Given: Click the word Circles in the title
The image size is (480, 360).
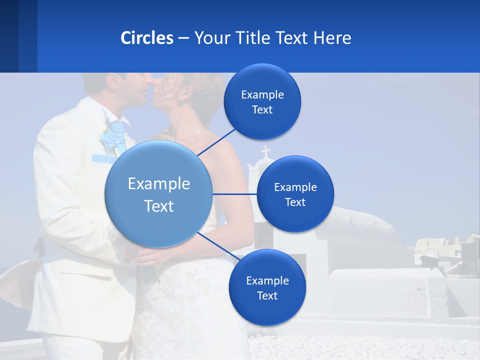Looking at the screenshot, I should [x=147, y=38].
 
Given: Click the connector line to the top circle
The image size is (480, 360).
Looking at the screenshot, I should [x=217, y=142].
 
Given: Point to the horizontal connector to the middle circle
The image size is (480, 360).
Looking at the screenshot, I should [x=234, y=194].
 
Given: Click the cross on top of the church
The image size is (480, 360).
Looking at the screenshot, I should [x=265, y=151].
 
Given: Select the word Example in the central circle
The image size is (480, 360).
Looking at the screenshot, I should [x=158, y=184].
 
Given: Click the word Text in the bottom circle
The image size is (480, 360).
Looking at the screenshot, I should [x=267, y=295].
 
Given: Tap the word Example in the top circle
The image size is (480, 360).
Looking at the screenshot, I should [x=262, y=95].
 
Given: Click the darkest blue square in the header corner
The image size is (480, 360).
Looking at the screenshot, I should [x=9, y=36].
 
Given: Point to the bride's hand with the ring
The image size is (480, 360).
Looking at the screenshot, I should [x=145, y=258].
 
